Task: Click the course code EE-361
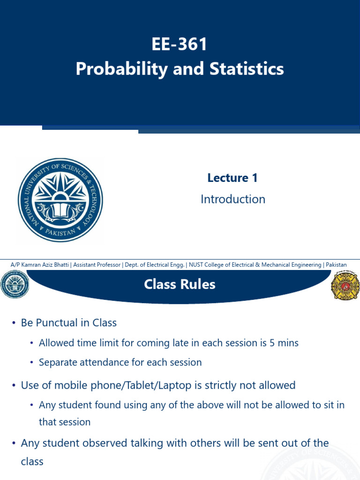[x=180, y=45]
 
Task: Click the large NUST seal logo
[x=60, y=200]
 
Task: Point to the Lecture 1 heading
[x=232, y=178]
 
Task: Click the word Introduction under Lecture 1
[x=232, y=199]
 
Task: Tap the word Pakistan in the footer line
[x=336, y=265]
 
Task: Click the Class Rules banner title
[x=180, y=284]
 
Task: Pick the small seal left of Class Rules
[x=15, y=284]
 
